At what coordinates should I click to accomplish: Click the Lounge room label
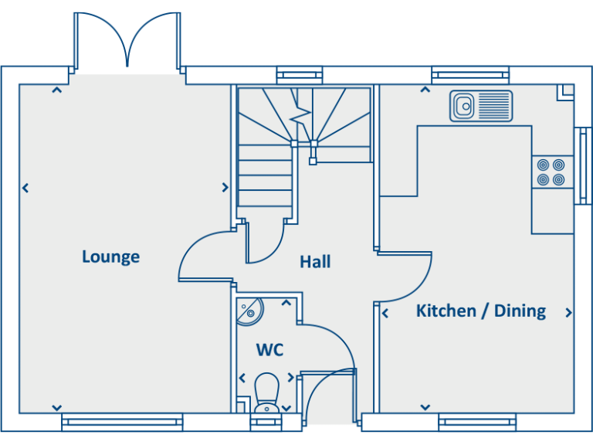click(x=110, y=256)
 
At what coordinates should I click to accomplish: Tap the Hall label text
click(x=315, y=262)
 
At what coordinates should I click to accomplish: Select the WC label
click(x=269, y=350)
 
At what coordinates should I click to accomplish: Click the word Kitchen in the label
click(x=446, y=311)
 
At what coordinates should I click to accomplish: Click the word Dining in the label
click(x=520, y=311)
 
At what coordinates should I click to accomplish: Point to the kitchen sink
click(x=481, y=106)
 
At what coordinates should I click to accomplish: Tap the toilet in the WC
click(x=266, y=392)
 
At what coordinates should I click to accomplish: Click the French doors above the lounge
click(x=127, y=42)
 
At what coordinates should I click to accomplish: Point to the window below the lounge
click(x=122, y=421)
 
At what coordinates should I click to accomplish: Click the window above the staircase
click(x=299, y=75)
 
